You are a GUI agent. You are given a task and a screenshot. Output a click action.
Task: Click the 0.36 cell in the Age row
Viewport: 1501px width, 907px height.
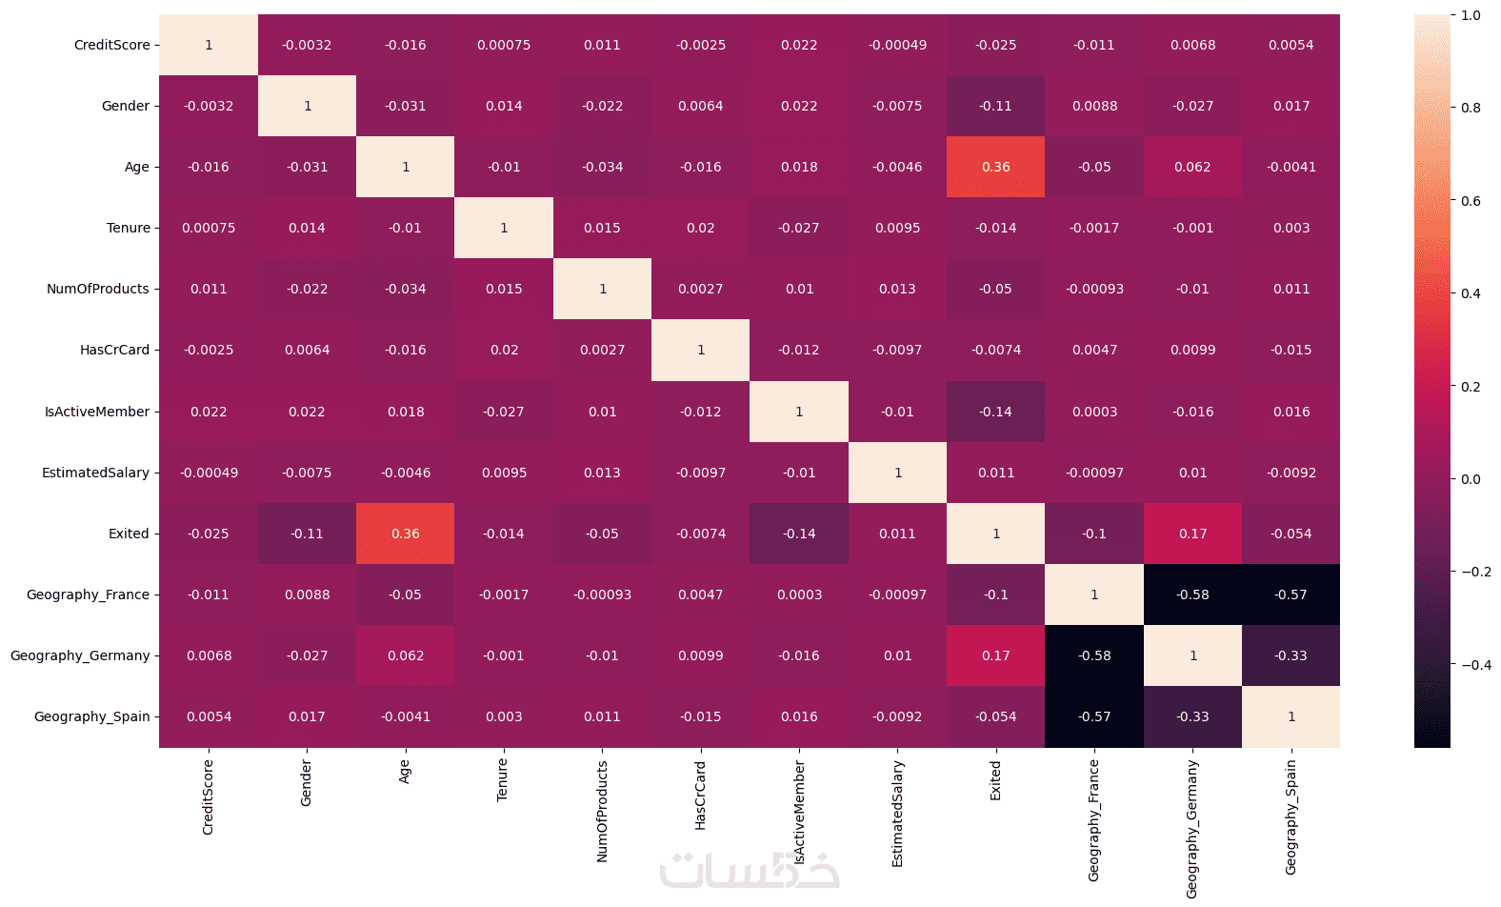pos(995,167)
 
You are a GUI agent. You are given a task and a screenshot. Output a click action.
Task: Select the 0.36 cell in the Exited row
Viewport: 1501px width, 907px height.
pos(406,534)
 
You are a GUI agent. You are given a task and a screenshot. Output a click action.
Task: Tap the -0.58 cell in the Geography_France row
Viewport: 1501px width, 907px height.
pos(1192,595)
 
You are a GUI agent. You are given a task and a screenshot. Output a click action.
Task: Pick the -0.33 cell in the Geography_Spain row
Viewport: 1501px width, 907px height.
pos(1192,716)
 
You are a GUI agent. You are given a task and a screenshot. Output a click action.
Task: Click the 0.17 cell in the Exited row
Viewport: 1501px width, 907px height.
pos(1192,534)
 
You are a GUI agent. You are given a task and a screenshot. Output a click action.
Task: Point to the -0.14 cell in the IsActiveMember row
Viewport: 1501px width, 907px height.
pos(995,412)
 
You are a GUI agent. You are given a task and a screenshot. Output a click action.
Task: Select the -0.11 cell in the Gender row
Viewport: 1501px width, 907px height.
pos(995,106)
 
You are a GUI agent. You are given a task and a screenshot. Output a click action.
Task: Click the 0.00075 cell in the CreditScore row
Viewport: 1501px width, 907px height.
pos(504,45)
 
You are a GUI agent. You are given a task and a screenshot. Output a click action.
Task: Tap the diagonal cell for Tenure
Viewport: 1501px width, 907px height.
pos(504,228)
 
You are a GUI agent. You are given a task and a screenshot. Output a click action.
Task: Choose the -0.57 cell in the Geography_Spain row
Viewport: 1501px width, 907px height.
pos(1094,716)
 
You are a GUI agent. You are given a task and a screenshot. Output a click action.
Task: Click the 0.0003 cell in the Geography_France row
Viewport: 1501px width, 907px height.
pos(799,595)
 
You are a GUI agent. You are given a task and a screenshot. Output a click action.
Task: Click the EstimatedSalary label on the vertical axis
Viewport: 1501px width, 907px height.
pos(96,473)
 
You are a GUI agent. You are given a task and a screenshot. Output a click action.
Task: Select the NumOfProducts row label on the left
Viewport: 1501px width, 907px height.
pos(98,289)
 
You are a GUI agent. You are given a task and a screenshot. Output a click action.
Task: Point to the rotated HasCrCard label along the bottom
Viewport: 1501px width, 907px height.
pos(700,795)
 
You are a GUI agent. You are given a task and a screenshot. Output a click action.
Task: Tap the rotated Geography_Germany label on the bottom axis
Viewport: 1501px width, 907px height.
pos(1191,829)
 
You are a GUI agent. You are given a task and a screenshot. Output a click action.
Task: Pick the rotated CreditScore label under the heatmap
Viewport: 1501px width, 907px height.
pos(208,797)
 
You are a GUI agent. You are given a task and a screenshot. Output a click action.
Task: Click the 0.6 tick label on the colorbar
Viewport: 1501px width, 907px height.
pos(1471,201)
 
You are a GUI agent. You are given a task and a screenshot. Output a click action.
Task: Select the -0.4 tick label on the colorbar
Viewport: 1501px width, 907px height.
pos(1475,665)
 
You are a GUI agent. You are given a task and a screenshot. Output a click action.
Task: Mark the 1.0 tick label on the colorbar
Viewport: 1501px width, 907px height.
pos(1471,15)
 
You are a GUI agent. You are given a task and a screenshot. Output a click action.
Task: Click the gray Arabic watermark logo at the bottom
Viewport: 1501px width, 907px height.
pos(750,870)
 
